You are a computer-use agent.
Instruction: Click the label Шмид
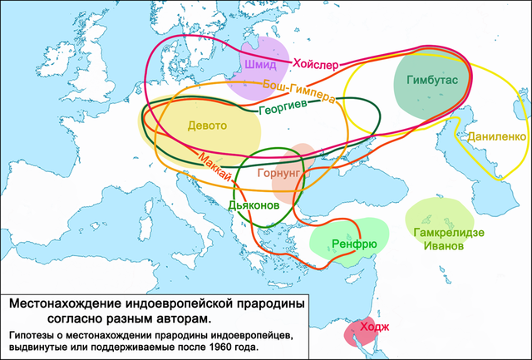pyautogui.click(x=261, y=64)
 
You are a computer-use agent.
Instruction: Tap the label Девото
pyautogui.click(x=207, y=126)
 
